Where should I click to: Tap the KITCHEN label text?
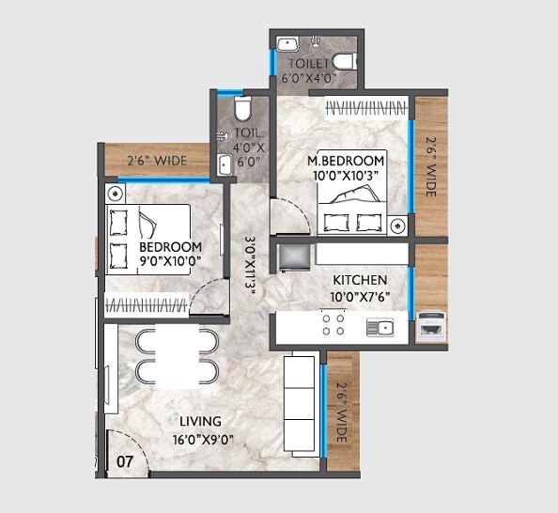click(x=360, y=280)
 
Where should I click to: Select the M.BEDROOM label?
click(x=347, y=161)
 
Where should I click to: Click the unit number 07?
click(x=126, y=461)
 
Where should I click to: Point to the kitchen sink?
click(x=380, y=327)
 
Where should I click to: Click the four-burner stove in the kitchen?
click(x=333, y=325)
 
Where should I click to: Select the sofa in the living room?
click(x=302, y=403)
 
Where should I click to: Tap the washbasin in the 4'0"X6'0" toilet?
click(x=225, y=165)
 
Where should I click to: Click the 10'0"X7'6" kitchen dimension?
click(x=360, y=297)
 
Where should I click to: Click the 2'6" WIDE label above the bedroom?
click(x=156, y=161)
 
